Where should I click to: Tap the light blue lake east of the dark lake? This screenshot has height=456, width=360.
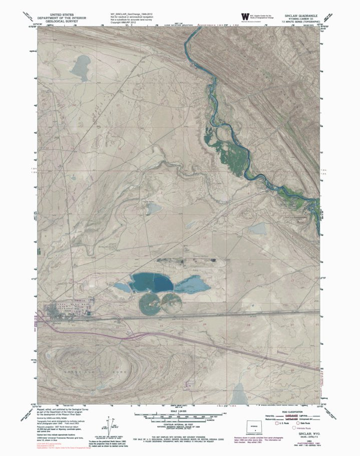click(193, 286)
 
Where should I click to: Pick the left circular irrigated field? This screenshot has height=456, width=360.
click(149, 304)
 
